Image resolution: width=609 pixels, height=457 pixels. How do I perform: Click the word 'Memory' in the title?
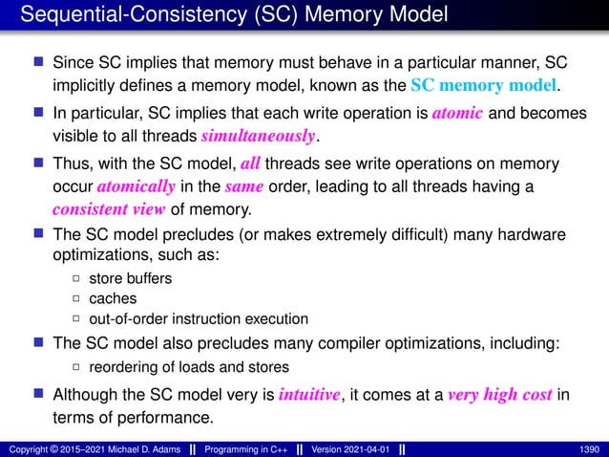point(324,15)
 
